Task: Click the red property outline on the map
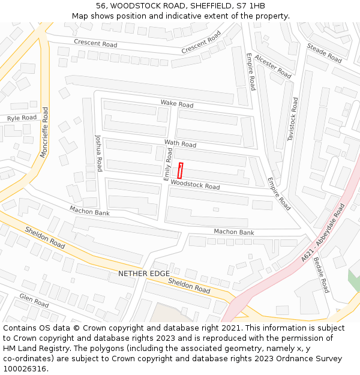[x=181, y=169]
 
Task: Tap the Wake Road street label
[x=176, y=104]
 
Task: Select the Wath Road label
[x=180, y=144]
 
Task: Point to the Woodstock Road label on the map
[x=195, y=185]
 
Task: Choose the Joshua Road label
[x=99, y=152]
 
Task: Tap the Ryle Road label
[x=22, y=118]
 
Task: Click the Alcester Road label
[x=273, y=66]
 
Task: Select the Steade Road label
[x=324, y=53]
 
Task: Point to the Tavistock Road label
[x=292, y=119]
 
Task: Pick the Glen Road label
[x=34, y=300]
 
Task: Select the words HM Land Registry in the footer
[x=35, y=349]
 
